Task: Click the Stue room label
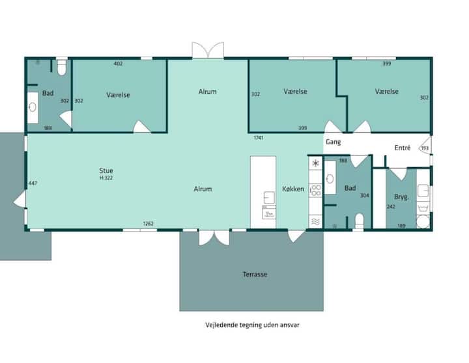tap(106, 170)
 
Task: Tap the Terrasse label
tap(255, 275)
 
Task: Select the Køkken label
tap(293, 189)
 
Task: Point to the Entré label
tap(403, 148)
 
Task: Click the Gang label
tap(334, 142)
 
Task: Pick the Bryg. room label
tap(401, 197)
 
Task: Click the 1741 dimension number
tap(259, 138)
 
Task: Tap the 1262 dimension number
tap(148, 224)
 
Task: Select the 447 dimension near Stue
tap(33, 183)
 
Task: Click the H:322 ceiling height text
tap(106, 178)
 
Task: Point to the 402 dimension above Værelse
tap(118, 63)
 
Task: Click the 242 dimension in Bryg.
tap(391, 206)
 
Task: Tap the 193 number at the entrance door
tap(425, 148)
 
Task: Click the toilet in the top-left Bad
tap(62, 68)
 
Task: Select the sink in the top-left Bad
tap(33, 107)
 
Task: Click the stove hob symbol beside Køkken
tap(315, 191)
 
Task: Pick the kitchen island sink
tap(269, 198)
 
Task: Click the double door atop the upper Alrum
tap(208, 50)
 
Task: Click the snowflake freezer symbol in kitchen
tap(315, 163)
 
